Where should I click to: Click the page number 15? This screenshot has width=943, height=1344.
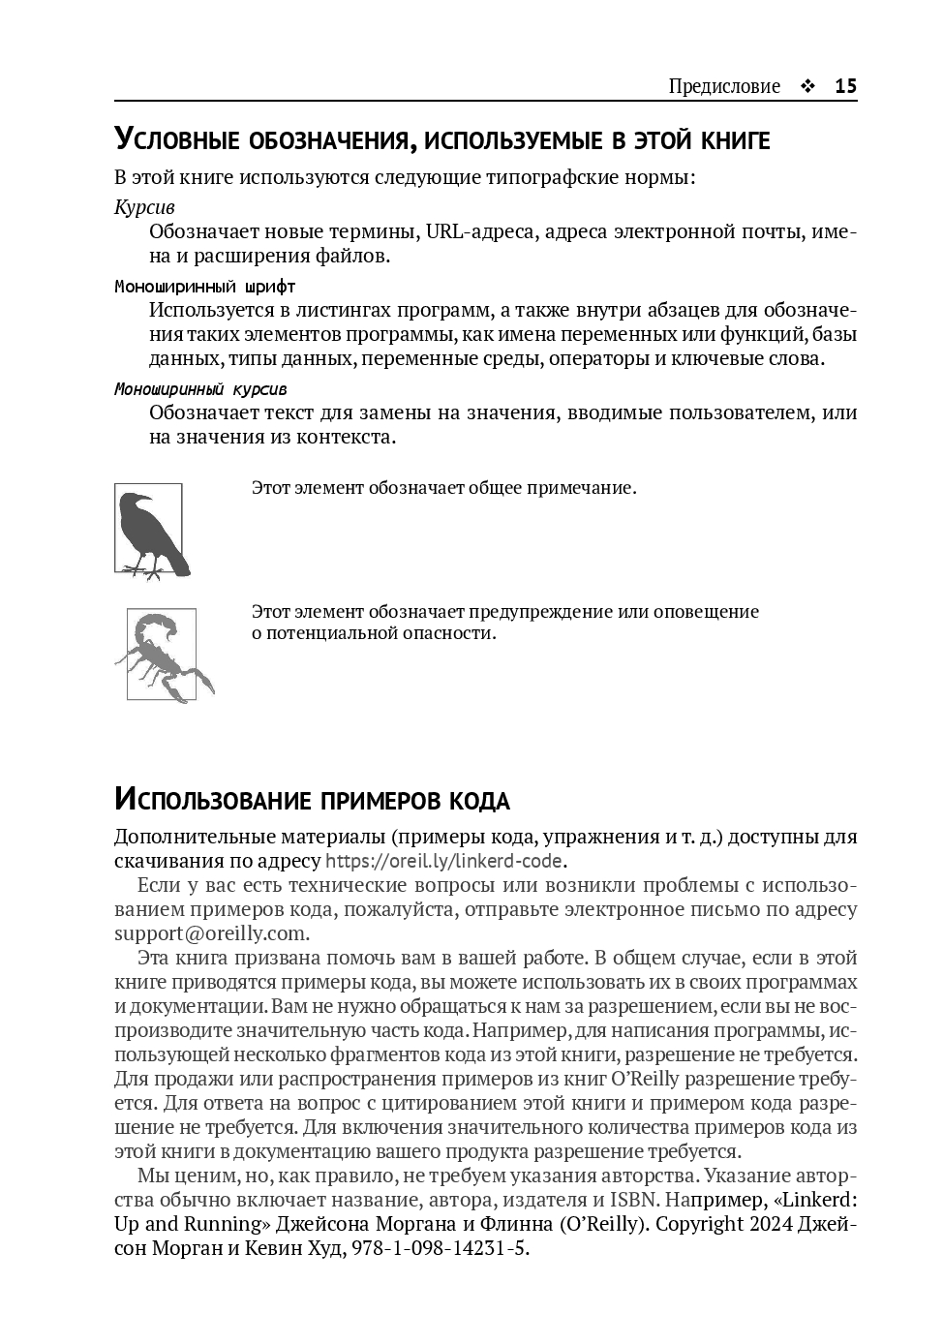point(845,86)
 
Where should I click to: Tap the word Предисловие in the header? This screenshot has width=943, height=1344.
point(724,86)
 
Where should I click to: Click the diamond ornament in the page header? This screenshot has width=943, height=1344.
point(807,86)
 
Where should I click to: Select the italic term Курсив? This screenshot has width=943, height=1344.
point(144,207)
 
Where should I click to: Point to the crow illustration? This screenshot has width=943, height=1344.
point(149,532)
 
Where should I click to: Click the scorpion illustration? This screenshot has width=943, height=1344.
point(163,654)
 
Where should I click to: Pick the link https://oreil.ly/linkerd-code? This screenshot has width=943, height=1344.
point(445,861)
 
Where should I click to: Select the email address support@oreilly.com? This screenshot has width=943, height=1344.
point(211,933)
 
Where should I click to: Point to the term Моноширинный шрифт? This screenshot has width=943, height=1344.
point(204,287)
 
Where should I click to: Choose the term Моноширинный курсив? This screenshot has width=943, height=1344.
point(200,389)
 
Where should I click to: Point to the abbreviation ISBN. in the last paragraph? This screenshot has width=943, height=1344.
point(639,1200)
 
